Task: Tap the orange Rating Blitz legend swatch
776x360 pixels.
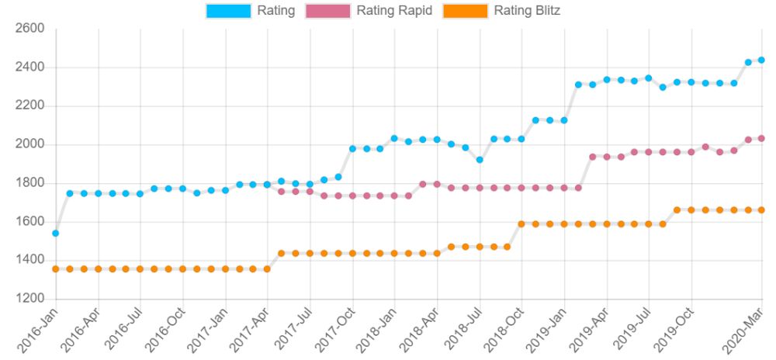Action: pos(465,11)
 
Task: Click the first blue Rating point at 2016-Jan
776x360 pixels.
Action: pos(56,233)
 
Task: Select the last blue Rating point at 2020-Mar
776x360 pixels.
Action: pos(761,60)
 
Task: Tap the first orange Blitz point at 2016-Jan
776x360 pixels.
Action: pos(56,269)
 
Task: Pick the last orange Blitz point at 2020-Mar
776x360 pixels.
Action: pos(761,209)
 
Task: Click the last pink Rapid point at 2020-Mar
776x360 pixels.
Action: pos(761,138)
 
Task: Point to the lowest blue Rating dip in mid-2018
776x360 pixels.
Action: pos(480,160)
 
